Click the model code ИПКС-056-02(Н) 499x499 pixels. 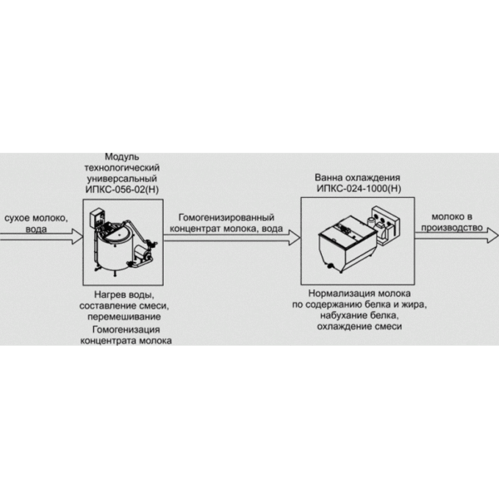click(x=122, y=190)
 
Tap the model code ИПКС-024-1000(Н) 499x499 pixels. click(x=358, y=189)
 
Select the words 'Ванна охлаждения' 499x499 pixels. click(x=358, y=178)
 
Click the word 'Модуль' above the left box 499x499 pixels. click(x=122, y=157)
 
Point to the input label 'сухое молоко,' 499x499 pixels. click(x=36, y=218)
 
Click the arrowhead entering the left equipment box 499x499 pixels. click(x=77, y=236)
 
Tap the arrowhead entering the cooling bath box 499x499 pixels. click(x=294, y=237)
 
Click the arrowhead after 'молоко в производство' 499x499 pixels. click(x=492, y=235)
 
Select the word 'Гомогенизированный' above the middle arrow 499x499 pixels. click(x=226, y=218)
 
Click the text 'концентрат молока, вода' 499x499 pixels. click(x=226, y=229)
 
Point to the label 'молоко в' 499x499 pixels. click(x=452, y=217)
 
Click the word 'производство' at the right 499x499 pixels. click(x=452, y=228)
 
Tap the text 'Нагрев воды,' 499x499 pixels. click(x=124, y=295)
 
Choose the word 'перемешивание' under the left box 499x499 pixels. click(x=124, y=317)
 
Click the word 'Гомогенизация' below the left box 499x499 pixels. click(x=126, y=329)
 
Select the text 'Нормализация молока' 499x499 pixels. click(x=359, y=294)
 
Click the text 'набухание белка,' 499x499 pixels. click(x=359, y=316)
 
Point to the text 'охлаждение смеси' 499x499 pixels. click(x=359, y=327)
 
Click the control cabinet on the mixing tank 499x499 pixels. click(x=96, y=218)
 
